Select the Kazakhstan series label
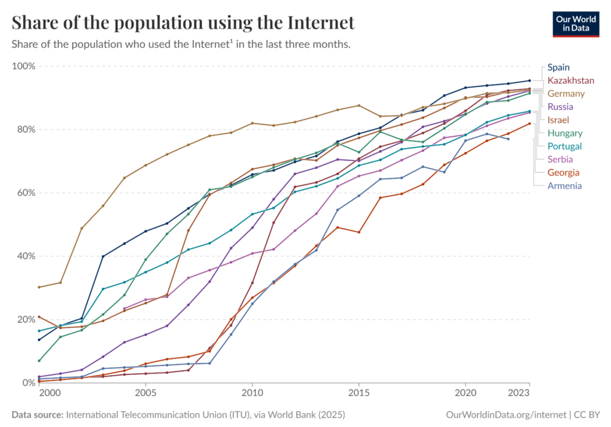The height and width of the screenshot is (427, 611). pos(570,81)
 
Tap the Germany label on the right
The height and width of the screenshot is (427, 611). pos(566,94)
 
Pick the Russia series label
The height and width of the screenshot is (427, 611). pos(560,107)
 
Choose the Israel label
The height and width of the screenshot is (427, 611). pos(558,120)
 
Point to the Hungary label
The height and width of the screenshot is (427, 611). pos(564,133)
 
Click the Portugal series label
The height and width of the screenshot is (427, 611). pos(564,146)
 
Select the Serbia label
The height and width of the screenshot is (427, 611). pos(560,159)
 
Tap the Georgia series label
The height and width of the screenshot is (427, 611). pos(563,173)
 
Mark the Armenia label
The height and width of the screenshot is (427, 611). pos(564,186)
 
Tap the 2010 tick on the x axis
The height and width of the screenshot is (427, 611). pos(252,394)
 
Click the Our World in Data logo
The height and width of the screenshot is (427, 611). pos(575,24)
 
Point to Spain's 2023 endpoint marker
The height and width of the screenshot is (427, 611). pos(529,81)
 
